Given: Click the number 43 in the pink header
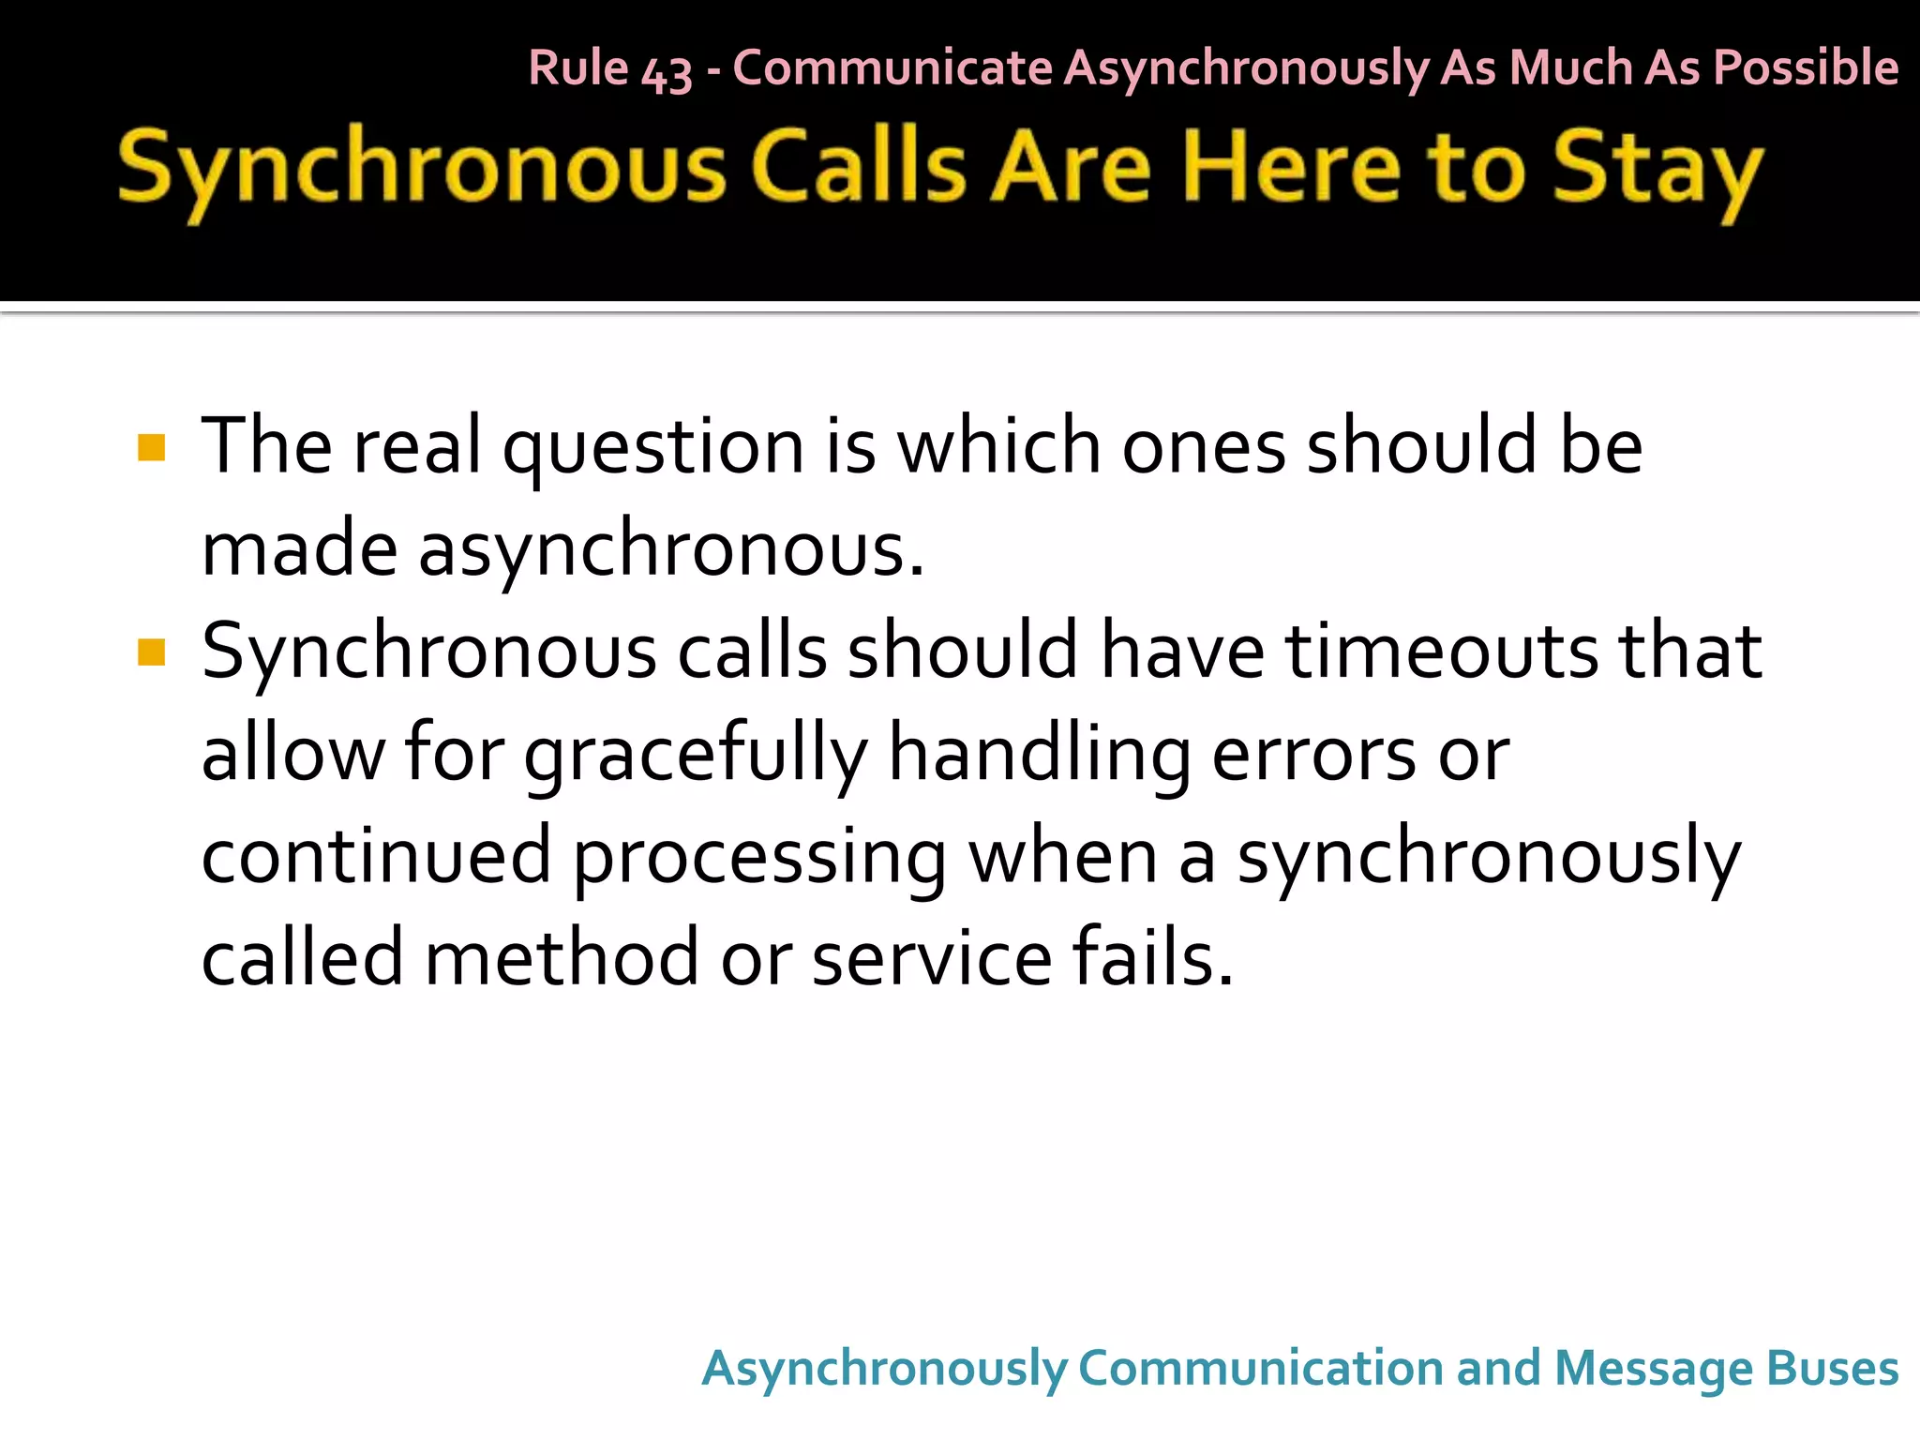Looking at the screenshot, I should (667, 71).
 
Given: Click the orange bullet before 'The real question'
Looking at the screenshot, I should (151, 447).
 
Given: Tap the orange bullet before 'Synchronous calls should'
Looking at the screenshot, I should (151, 652).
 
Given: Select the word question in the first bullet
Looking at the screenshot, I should (653, 448).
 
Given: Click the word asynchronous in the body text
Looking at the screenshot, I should (670, 549).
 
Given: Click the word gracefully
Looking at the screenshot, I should (696, 755).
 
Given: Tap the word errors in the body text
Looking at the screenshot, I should (1313, 754).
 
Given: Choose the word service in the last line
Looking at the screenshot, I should (932, 958).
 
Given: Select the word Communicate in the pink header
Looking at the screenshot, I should (892, 67).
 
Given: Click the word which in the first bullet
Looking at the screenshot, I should (999, 446).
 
